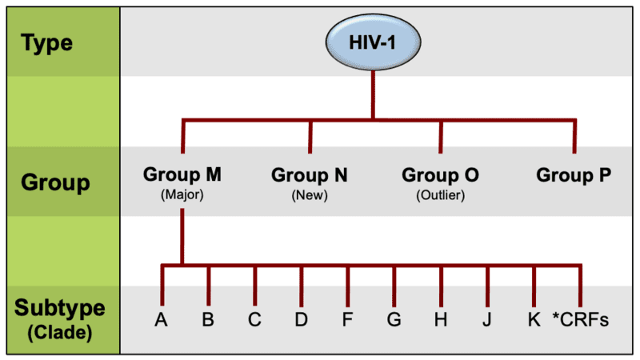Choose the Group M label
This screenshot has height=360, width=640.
tap(182, 174)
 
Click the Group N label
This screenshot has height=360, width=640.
tap(310, 174)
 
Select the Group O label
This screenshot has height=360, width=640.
tap(439, 174)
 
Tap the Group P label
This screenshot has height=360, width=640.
tap(573, 174)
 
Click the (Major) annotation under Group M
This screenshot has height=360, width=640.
tap(182, 194)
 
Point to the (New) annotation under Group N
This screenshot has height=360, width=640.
tap(310, 194)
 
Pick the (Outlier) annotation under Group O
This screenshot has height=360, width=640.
tap(439, 194)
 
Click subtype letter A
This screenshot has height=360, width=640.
tap(162, 320)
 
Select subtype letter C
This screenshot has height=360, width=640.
tap(254, 320)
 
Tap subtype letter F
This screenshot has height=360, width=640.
tap(348, 320)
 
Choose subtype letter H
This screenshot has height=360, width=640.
tap(440, 320)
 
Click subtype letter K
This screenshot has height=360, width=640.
tap(534, 320)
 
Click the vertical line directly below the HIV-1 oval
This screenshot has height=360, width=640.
tap(371, 92)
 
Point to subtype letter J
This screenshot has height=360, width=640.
tap(487, 320)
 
